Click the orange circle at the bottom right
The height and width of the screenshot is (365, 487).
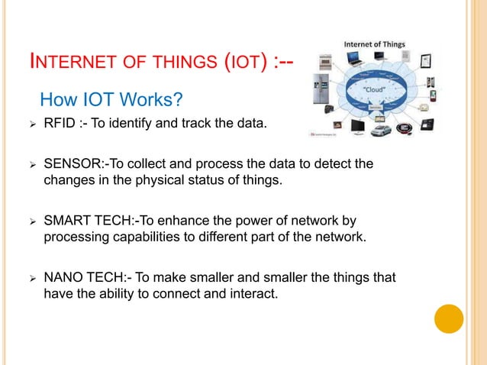point(449,318)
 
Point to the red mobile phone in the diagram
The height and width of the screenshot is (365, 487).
point(434,95)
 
